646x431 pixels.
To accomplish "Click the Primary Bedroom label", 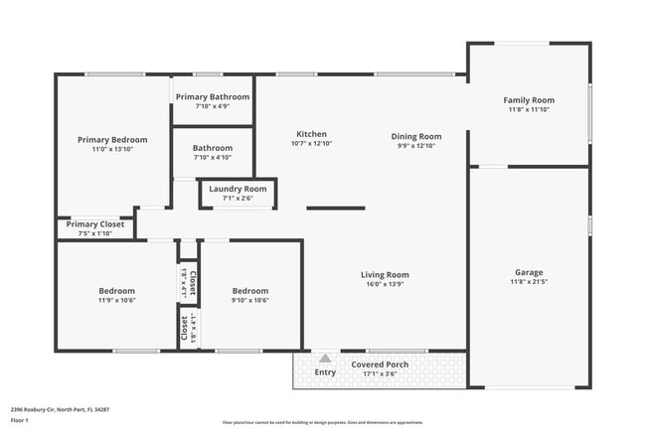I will coord(112,140).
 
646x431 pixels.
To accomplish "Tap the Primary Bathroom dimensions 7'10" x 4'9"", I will coord(213,105).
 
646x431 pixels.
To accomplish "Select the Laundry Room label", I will coord(238,189).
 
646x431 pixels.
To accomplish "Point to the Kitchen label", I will coord(311,134).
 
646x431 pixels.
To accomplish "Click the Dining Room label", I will coord(415,136).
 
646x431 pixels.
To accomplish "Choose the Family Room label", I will coord(528,100).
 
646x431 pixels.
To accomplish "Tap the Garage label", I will coord(528,272).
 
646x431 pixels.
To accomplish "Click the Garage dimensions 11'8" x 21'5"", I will coord(528,282).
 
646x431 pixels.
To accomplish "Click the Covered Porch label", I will coord(379,364).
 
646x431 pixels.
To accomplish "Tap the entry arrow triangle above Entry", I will coord(325,359).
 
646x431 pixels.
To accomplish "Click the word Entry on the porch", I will coord(325,372).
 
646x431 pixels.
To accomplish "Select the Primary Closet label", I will coord(95,224).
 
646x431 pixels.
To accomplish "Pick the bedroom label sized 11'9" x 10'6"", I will coord(116,291).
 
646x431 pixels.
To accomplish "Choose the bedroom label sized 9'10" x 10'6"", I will coord(250,291).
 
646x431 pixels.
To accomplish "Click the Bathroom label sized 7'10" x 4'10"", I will coord(213,148).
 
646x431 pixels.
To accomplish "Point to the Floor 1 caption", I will coord(20,420).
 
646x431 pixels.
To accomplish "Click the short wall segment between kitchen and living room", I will coord(335,208).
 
